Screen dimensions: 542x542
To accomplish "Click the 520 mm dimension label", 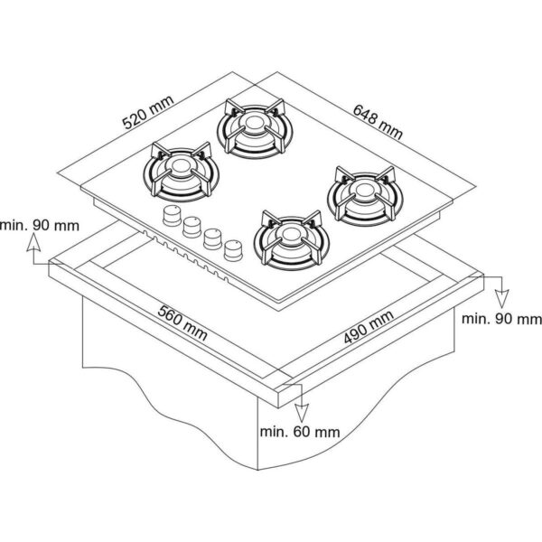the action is click(x=148, y=112).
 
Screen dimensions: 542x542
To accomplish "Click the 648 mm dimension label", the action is click(x=378, y=122).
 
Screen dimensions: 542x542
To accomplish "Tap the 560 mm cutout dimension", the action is click(x=182, y=322).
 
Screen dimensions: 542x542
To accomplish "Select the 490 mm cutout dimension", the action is click(x=369, y=327).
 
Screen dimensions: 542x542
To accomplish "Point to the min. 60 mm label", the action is click(x=300, y=432).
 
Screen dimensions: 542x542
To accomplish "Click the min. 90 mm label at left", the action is click(x=40, y=225).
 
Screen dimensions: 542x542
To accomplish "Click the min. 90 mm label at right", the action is click(x=502, y=318).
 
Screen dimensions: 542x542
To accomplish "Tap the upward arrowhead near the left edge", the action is click(x=33, y=242).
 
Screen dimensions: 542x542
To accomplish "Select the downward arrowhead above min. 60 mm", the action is click(x=302, y=413).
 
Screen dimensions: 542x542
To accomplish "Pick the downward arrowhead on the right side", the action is click(x=502, y=299).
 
